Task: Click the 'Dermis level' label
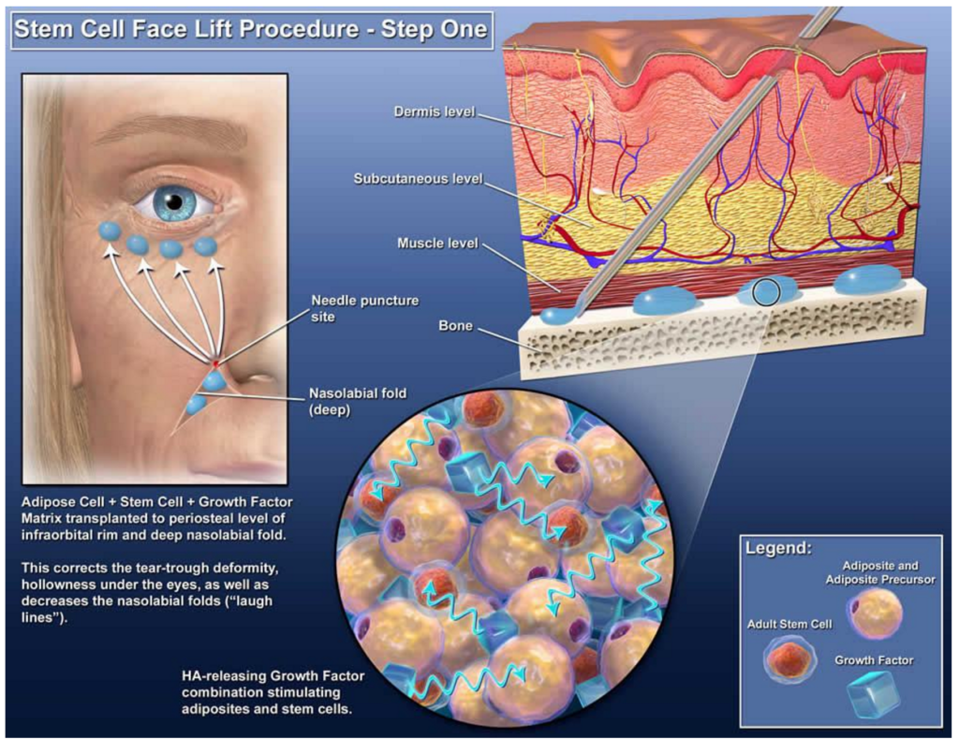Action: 436,113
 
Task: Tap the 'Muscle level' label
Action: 437,244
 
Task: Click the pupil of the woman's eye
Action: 173,200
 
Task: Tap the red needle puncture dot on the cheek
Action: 215,362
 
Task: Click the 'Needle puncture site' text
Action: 365,308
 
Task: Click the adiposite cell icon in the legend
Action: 875,614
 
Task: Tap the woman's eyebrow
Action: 169,131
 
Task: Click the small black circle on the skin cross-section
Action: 766,293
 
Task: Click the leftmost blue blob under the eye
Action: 110,230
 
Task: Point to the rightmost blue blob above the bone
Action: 867,279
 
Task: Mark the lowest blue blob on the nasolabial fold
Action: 196,405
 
